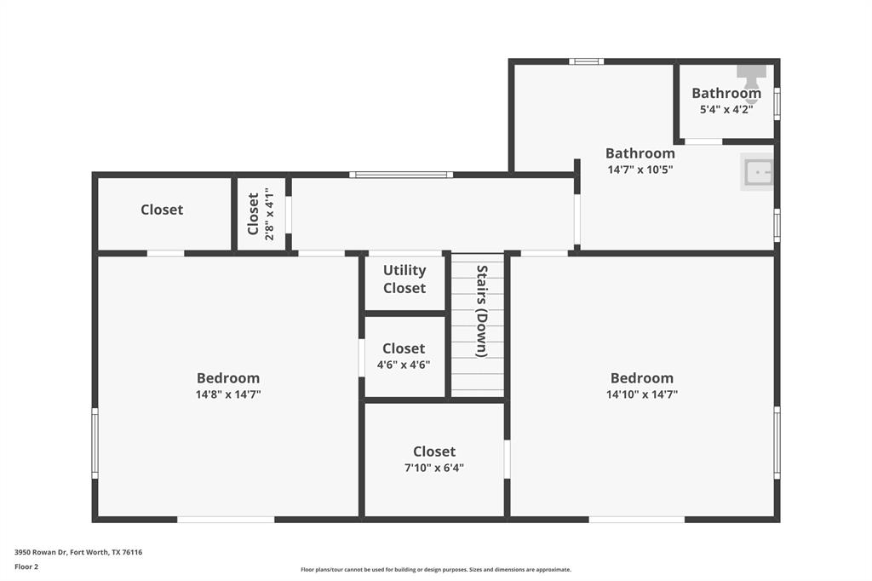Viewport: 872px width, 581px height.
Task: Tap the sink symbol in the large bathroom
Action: click(757, 172)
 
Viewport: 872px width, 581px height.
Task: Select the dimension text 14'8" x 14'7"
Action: click(228, 394)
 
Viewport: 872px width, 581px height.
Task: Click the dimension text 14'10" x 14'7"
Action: click(642, 394)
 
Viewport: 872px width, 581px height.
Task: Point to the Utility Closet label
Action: click(404, 279)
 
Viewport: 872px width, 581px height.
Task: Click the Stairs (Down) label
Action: click(481, 311)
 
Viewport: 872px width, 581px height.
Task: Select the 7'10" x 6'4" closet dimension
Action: click(434, 468)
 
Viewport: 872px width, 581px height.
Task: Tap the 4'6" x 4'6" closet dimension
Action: click(404, 365)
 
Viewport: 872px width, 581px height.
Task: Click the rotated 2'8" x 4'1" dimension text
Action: click(270, 214)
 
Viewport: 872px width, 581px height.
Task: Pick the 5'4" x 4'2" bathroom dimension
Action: click(726, 109)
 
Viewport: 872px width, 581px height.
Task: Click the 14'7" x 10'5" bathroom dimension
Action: click(640, 170)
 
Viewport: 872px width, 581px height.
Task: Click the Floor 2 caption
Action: click(26, 567)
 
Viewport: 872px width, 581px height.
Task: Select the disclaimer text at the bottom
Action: click(435, 570)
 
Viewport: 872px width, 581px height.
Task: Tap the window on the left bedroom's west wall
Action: click(95, 442)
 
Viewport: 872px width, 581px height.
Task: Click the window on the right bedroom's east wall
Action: click(777, 442)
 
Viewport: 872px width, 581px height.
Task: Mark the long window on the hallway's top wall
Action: click(400, 175)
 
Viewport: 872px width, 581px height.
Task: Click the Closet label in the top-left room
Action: click(162, 210)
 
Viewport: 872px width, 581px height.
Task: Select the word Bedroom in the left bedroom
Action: click(228, 378)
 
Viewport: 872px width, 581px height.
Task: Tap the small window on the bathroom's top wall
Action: click(586, 61)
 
